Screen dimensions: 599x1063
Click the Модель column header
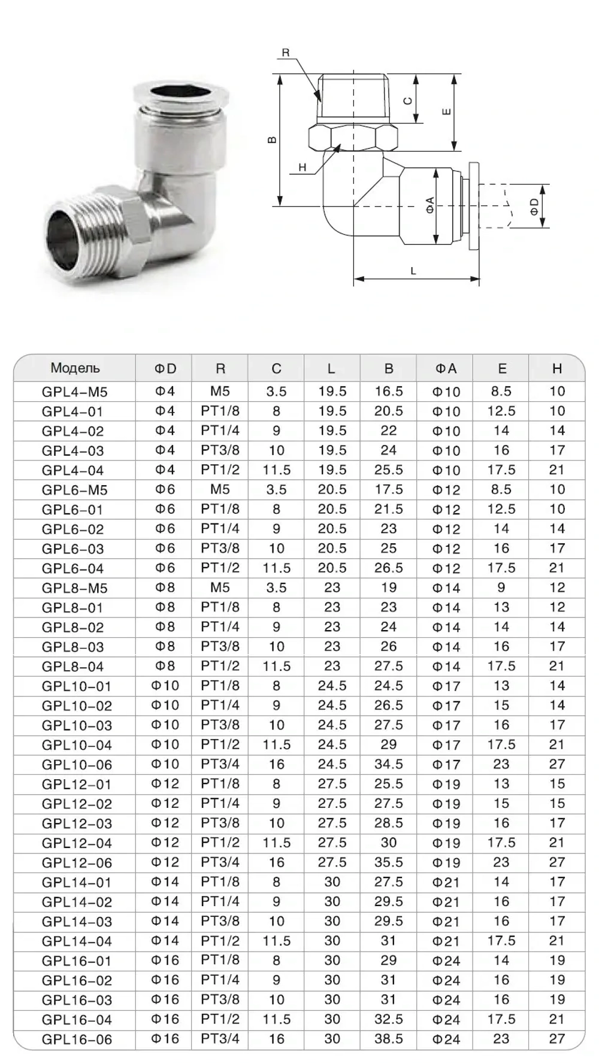pos(75,368)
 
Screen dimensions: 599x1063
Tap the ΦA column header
pos(446,368)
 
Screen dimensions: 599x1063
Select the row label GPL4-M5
pos(75,392)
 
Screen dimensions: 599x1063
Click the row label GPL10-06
pos(77,765)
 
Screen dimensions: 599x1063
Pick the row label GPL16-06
pos(77,1040)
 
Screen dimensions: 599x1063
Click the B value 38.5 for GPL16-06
pos(389,1039)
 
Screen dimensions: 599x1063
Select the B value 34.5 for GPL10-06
pos(389,764)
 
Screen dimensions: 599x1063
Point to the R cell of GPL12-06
pos(220,862)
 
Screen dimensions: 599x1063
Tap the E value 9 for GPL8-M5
pos(501,587)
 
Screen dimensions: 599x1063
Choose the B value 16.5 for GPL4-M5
pos(389,391)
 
